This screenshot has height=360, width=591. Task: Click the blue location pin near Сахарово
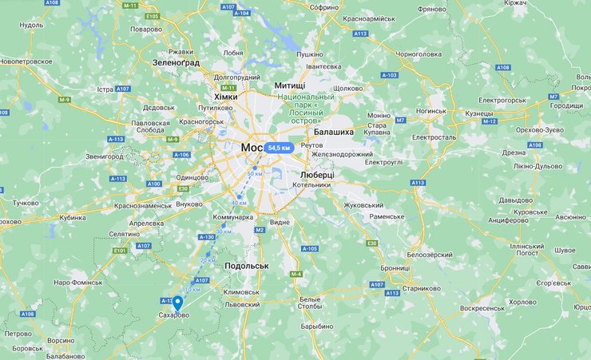[x=177, y=303]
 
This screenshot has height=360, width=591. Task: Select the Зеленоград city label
[x=176, y=61]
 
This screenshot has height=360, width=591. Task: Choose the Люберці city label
[x=317, y=174]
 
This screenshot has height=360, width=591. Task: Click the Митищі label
[x=289, y=85]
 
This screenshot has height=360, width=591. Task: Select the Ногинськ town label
[x=430, y=113]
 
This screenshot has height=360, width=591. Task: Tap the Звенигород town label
[x=105, y=156]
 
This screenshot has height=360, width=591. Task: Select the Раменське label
[x=386, y=216]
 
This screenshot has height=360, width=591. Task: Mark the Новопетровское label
[x=31, y=61]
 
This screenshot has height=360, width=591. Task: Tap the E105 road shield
[x=153, y=16]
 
